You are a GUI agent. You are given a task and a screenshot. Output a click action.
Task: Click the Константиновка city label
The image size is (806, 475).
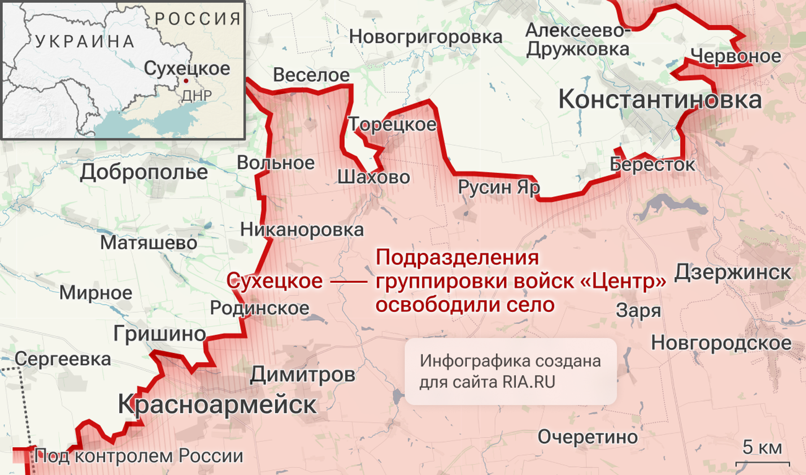(659, 100)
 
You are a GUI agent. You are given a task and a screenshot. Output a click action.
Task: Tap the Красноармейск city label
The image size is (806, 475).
(217, 404)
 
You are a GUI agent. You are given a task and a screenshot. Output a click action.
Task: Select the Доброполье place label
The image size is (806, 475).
(144, 172)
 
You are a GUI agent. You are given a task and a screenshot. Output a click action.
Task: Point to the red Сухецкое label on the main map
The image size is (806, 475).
(275, 281)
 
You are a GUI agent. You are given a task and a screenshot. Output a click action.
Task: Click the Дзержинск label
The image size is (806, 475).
(733, 272)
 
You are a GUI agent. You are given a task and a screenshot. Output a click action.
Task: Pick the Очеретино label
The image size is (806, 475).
(587, 437)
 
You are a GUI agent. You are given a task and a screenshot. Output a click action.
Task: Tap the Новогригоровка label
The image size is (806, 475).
(425, 37)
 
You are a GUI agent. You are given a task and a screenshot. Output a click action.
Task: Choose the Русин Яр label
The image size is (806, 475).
(498, 187)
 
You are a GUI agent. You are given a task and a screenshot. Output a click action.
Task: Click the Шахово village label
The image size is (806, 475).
(374, 177)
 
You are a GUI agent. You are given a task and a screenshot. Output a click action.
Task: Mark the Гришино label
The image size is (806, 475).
(160, 334)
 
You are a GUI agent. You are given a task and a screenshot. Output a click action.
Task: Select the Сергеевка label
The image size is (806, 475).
(63, 359)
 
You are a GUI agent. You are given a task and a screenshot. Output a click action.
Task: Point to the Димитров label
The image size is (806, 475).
(302, 374)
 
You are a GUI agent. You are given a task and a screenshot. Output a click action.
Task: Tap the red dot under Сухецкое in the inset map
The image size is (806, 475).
(186, 81)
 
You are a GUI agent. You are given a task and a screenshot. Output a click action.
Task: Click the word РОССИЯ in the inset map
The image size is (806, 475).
(198, 19)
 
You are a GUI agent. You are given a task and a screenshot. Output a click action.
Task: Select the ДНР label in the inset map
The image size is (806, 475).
(196, 96)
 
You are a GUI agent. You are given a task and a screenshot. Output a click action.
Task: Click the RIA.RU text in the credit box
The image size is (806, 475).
(529, 382)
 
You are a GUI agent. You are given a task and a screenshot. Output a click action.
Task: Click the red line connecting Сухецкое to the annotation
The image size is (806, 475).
(348, 281)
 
